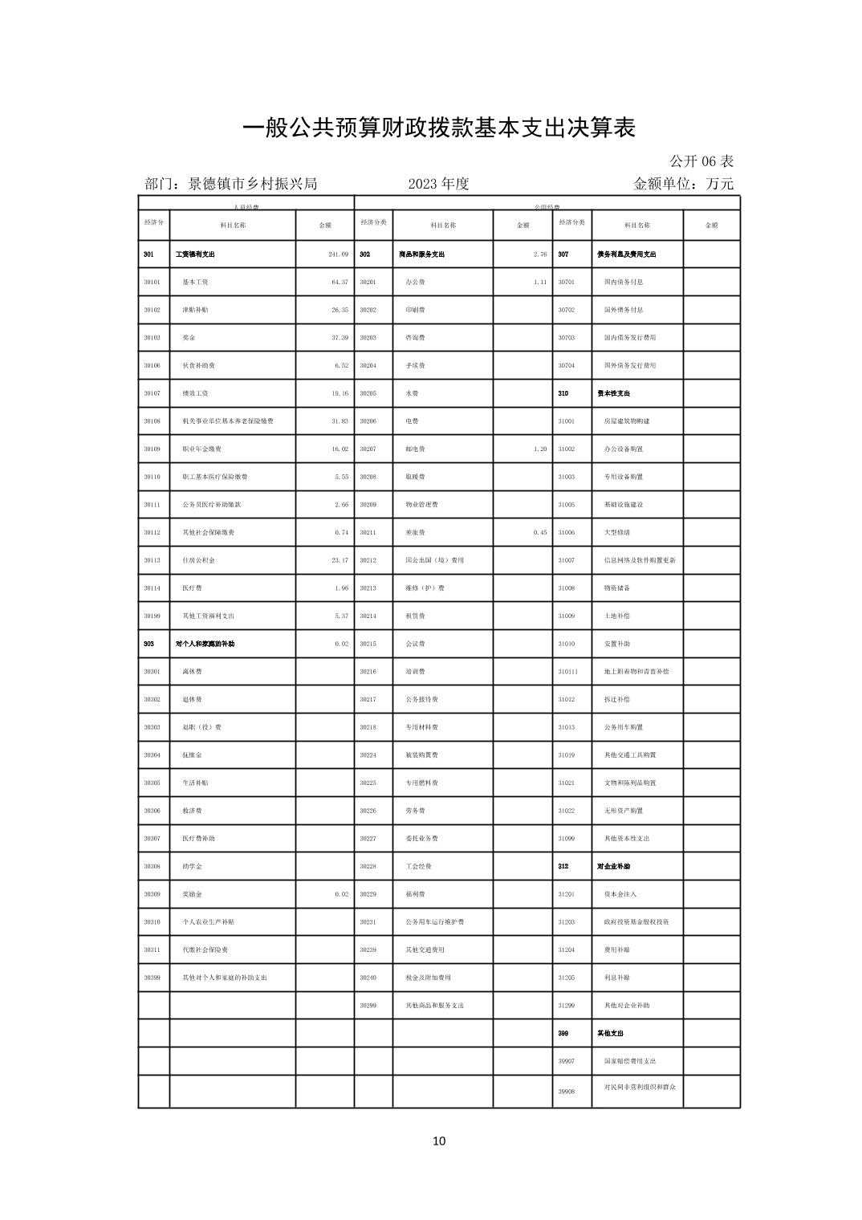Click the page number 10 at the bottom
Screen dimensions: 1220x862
[x=438, y=1141]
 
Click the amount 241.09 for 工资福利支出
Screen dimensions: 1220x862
[x=338, y=254]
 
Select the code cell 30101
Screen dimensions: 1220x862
[x=152, y=283]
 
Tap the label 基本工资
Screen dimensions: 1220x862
[x=195, y=283]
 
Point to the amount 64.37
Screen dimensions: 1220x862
[x=340, y=283]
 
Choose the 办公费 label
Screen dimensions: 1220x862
[x=415, y=283]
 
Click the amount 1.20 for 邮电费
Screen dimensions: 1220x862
[x=539, y=449]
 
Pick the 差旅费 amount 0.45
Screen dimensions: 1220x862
[x=539, y=533]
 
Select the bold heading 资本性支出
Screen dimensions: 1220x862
[x=613, y=393]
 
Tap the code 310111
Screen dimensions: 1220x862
[x=567, y=672]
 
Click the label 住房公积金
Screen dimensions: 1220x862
[x=198, y=560]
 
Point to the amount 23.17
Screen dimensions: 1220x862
[x=340, y=560]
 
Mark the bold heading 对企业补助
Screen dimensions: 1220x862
[x=613, y=867]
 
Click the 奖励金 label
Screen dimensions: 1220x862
[x=192, y=894]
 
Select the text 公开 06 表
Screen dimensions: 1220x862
[x=701, y=161]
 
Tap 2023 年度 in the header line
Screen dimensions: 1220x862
[x=438, y=184]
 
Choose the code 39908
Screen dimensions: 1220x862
[x=567, y=1092]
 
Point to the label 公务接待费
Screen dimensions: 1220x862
[x=421, y=700]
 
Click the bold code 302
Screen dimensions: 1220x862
[x=364, y=254]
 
